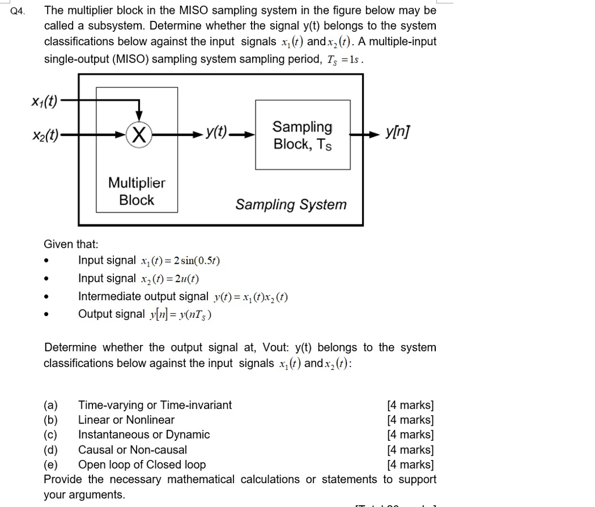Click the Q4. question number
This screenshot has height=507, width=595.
(18, 11)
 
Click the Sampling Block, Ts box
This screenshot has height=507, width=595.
(303, 135)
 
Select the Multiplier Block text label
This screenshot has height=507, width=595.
(137, 192)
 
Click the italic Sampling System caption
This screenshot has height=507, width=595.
(291, 204)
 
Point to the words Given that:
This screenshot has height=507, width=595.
(71, 244)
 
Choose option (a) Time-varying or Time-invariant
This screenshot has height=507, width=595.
(155, 405)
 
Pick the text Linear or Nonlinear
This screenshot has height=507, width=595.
(126, 420)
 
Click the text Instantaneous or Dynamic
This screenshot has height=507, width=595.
(144, 434)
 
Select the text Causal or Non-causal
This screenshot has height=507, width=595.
(132, 450)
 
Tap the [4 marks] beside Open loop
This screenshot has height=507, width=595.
(410, 465)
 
